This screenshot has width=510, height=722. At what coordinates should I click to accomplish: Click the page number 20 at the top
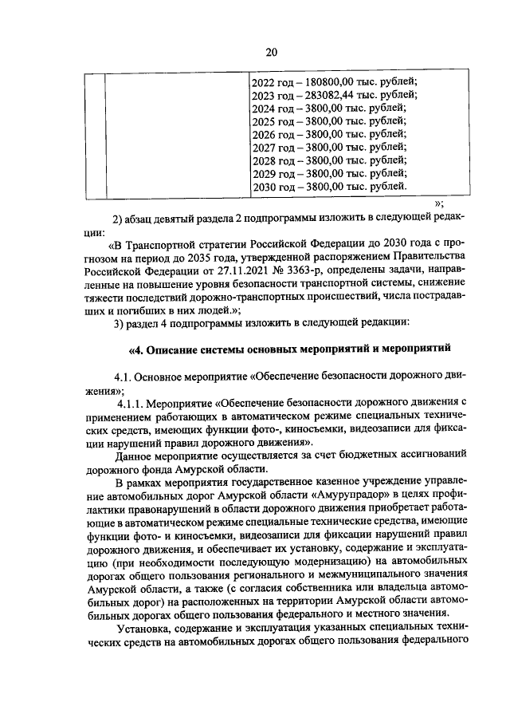point(270,53)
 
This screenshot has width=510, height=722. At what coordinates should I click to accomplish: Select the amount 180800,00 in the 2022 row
point(326,82)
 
